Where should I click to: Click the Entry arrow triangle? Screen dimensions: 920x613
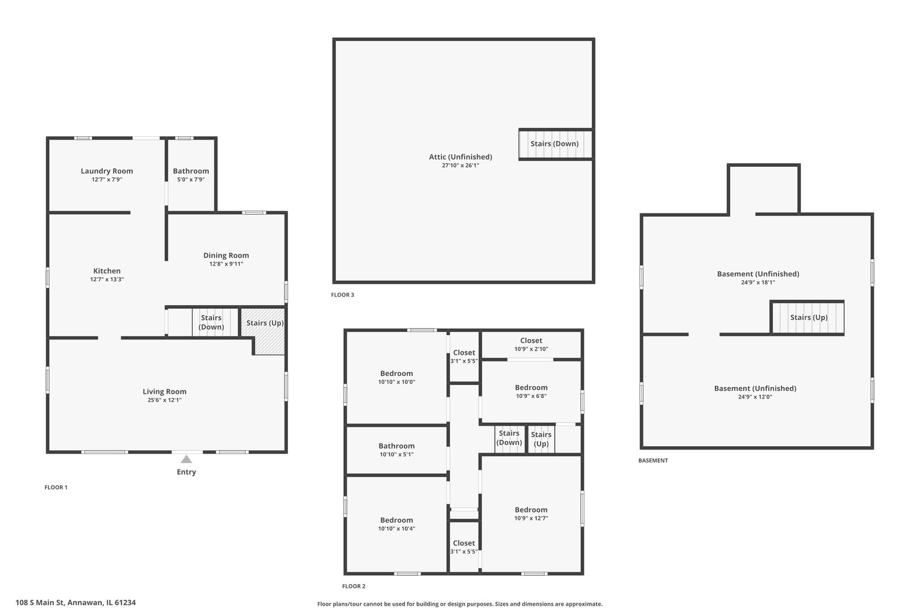point(186,459)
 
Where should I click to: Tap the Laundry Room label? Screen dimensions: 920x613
point(107,171)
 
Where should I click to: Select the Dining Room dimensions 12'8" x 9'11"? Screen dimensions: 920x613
point(226,264)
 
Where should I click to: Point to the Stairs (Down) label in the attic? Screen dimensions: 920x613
point(554,144)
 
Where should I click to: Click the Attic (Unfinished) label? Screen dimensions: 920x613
point(461,157)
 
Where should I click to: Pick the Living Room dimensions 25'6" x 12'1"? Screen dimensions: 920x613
point(164,400)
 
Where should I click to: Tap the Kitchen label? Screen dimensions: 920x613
point(107,271)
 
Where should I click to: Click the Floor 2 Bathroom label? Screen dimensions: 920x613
point(396,446)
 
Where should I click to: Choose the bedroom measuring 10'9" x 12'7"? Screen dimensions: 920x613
point(531,514)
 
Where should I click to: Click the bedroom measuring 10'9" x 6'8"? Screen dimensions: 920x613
point(531,391)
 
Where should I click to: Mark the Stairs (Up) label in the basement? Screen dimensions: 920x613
point(809,317)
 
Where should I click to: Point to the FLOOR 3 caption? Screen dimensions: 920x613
point(342,295)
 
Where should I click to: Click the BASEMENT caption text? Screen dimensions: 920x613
point(653,461)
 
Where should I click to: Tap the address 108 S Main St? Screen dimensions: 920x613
point(40,603)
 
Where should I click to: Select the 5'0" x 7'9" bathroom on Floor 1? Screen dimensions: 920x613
point(191,175)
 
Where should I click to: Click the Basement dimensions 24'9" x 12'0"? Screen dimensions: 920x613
point(755,397)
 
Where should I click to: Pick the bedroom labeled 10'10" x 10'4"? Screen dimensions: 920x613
point(396,524)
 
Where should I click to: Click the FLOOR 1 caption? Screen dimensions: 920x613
point(56,488)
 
